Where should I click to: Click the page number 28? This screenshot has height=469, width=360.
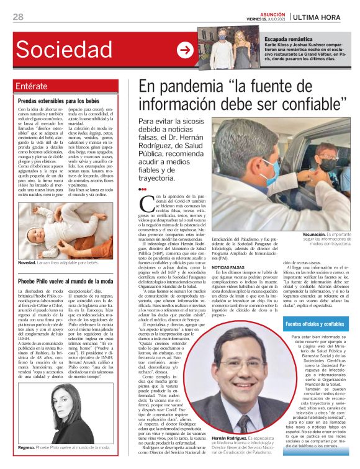coord(18,17)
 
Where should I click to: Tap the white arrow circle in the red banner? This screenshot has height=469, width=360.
coord(184,50)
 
